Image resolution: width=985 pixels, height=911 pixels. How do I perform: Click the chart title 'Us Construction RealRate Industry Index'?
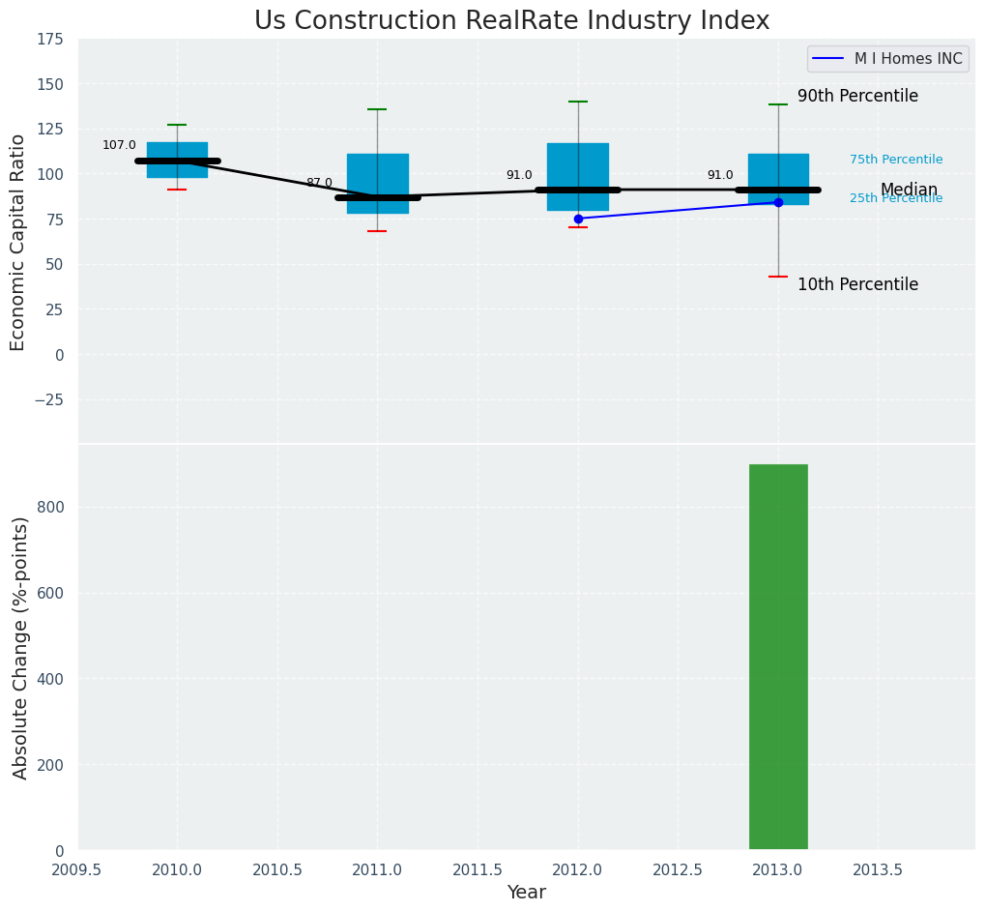pos(511,21)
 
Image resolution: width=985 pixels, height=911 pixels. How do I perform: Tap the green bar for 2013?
pos(778,657)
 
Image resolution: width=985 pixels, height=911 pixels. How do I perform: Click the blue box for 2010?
pos(177,160)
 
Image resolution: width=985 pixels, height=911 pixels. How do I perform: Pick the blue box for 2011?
pos(377,183)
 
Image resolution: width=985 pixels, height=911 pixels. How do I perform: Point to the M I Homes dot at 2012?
pos(578,219)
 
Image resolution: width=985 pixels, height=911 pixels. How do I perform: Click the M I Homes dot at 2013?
pos(778,202)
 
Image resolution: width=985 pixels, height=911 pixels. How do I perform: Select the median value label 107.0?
pos(119,145)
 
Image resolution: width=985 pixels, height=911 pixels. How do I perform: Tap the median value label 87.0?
pos(319,183)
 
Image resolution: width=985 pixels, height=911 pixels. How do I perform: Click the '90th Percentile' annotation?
pos(857,97)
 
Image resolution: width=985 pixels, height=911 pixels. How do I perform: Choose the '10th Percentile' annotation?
pos(857,284)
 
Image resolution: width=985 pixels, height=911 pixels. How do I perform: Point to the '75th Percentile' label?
pos(896,160)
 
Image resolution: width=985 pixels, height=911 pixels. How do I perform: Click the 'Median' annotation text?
pos(909,190)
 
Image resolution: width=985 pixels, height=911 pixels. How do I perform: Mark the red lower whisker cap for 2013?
pos(778,277)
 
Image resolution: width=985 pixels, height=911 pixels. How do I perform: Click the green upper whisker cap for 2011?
pos(377,109)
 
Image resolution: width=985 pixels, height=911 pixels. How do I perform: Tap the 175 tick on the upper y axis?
pos(49,40)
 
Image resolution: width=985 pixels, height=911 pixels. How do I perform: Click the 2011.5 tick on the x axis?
pos(478,869)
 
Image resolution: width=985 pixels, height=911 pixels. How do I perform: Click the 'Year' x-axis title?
pos(527,893)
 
